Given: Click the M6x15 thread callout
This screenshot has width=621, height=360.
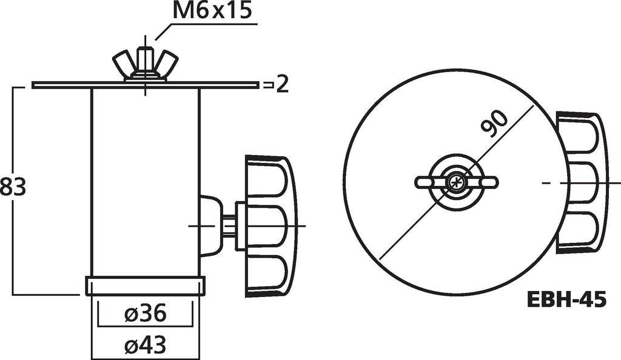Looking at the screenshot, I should pos(212,11).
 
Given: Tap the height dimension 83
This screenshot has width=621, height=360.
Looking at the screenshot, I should pos(13,187).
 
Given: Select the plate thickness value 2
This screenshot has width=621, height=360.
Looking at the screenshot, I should pos(281,85).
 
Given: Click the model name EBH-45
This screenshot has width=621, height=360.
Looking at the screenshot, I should pos(565,299).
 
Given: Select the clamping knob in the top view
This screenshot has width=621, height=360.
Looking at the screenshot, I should pos(581,182).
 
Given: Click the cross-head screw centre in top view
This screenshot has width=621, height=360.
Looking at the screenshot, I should pos(455,182).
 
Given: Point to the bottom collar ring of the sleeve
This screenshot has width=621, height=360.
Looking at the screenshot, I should pos(146,285).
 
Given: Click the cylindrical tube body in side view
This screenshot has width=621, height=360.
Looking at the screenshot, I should pos(146,182).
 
